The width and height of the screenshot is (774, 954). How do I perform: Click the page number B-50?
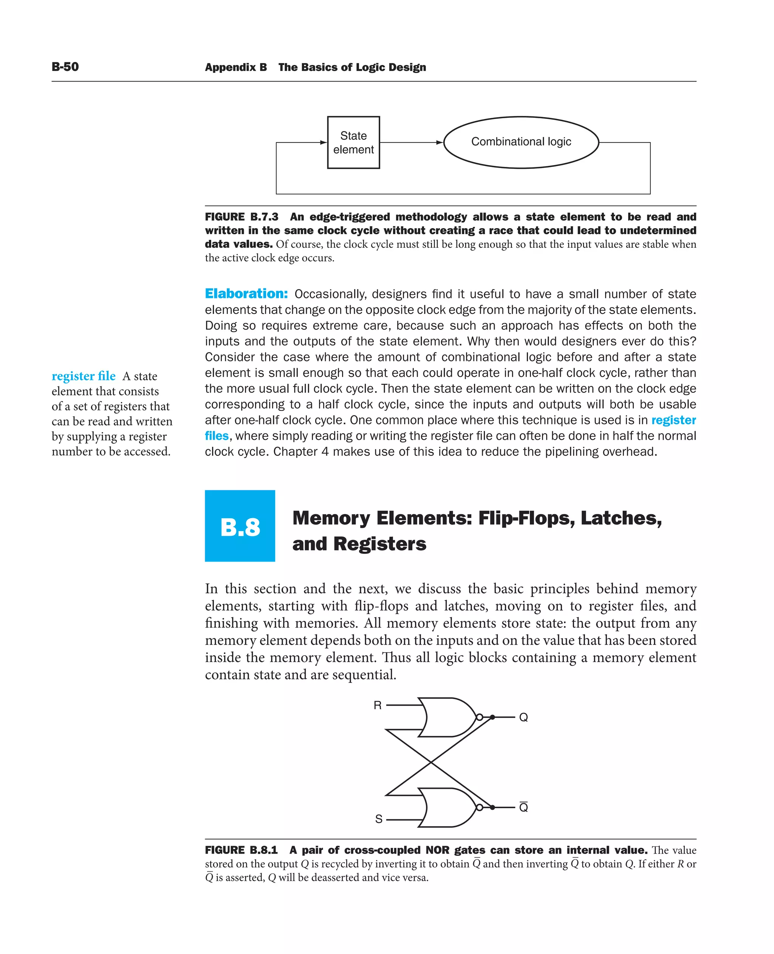65,67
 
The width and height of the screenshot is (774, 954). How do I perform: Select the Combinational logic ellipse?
521,142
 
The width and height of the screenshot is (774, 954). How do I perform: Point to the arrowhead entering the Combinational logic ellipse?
440,143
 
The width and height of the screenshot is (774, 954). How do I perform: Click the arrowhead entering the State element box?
324,143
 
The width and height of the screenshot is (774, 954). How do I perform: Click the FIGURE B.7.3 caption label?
241,217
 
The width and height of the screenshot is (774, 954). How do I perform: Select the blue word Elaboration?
246,294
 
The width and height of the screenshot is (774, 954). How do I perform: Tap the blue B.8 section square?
240,526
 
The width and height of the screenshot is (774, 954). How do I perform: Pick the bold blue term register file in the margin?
84,376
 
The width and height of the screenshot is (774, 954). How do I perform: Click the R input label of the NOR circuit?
377,705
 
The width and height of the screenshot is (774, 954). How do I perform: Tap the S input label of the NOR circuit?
379,819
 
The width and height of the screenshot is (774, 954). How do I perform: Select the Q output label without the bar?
523,718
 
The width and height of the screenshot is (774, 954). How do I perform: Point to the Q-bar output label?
523,807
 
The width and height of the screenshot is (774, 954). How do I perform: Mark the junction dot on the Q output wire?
492,717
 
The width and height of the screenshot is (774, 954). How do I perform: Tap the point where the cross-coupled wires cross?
431,763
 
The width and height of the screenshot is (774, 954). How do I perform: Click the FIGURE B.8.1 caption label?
241,850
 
